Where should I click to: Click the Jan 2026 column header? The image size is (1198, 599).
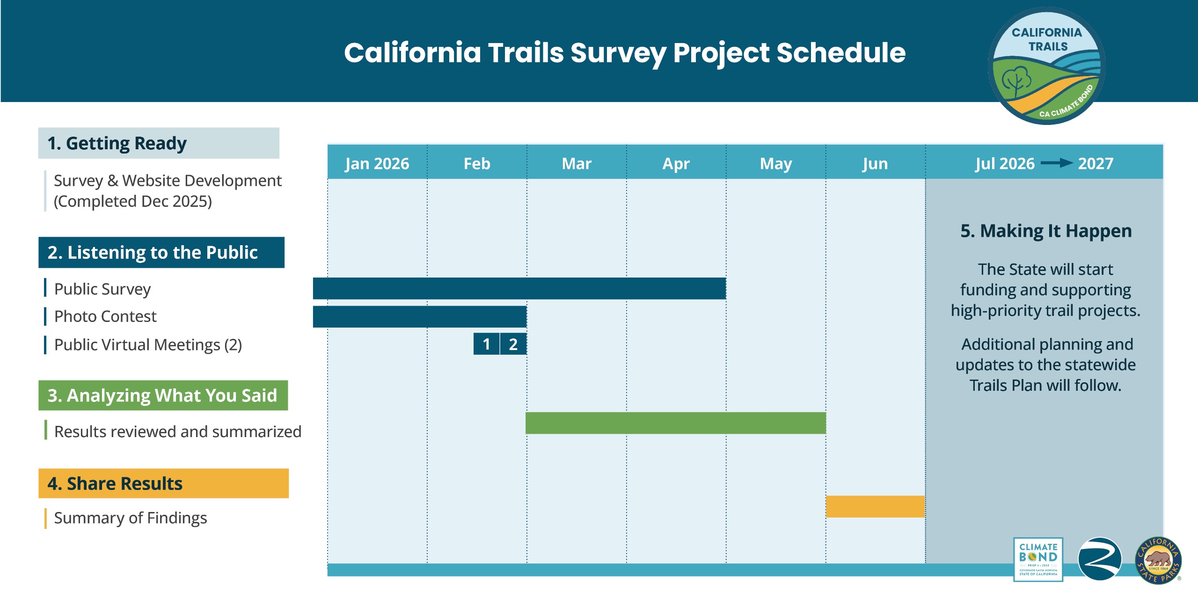[377, 163]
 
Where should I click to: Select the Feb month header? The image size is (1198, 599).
[477, 163]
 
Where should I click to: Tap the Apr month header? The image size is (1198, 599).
[676, 163]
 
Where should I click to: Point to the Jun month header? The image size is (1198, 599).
[875, 163]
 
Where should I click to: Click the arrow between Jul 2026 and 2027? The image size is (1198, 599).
[1056, 163]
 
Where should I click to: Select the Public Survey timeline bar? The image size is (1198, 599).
[519, 288]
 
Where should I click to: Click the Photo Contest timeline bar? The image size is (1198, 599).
[420, 316]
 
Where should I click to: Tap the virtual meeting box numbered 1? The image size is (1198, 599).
[486, 344]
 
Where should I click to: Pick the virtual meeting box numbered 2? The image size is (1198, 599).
[513, 344]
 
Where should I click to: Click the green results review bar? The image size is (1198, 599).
[675, 423]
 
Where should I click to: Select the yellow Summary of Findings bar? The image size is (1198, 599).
[875, 506]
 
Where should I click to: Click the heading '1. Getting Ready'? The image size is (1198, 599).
[117, 143]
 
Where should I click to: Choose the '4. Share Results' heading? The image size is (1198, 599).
[115, 483]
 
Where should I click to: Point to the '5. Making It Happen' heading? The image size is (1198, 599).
[1046, 231]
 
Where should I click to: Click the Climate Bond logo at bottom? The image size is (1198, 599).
[1038, 559]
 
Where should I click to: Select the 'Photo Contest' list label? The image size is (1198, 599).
[105, 316]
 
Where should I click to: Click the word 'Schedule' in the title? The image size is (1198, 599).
[841, 52]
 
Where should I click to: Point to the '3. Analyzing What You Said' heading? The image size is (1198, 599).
[162, 395]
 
